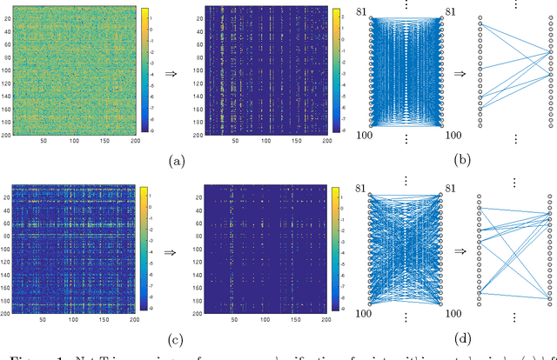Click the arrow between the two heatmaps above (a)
coord(172,73)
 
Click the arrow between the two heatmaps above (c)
coord(172,247)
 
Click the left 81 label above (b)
coord(363,12)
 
